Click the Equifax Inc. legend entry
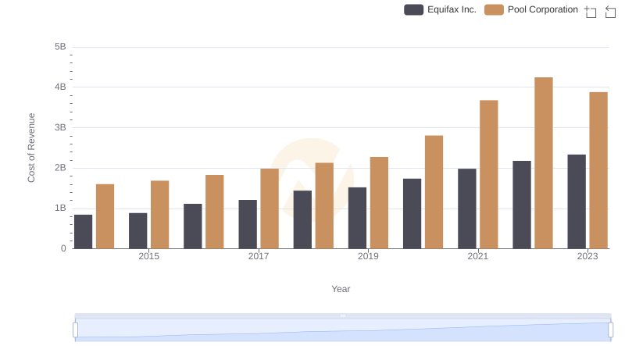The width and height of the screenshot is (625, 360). [x=440, y=10]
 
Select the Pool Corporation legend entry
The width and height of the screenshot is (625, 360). [x=531, y=10]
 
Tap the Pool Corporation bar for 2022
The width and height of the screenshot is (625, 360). [x=544, y=163]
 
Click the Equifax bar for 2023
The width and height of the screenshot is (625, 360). [x=577, y=201]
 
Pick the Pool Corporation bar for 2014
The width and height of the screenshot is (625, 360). [x=105, y=216]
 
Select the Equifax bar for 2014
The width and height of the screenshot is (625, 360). [x=83, y=232]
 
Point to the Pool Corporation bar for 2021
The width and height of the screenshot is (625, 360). [x=489, y=174]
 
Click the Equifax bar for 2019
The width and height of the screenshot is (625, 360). [x=357, y=218]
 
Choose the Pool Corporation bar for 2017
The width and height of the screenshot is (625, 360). [x=270, y=209]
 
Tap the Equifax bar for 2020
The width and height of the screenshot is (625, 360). [x=412, y=214]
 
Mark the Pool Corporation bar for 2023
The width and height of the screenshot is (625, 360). [x=598, y=170]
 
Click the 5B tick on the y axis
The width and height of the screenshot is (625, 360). [x=60, y=47]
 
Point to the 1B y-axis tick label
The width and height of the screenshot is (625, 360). [x=60, y=209]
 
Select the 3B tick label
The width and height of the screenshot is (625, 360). [x=60, y=127]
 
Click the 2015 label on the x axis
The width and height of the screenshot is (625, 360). [x=149, y=256]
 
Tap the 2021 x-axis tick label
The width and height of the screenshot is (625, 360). [x=478, y=256]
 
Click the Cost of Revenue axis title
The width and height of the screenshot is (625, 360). [x=32, y=148]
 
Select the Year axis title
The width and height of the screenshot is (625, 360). [x=341, y=289]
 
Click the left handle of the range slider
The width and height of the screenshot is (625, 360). [x=76, y=330]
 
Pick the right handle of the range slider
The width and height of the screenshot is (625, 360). [x=611, y=330]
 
